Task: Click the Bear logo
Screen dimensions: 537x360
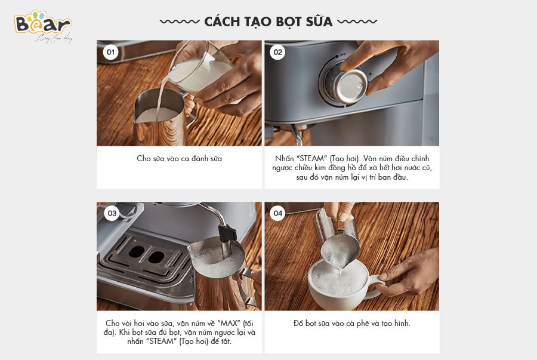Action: (43, 26)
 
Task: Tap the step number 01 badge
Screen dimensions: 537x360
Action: (110, 52)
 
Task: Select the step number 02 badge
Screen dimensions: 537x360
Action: (277, 52)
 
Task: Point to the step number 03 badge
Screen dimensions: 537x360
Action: (112, 213)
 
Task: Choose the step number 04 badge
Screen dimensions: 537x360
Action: (277, 213)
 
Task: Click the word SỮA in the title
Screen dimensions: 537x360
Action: (319, 21)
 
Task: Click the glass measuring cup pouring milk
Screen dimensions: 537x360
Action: (200, 71)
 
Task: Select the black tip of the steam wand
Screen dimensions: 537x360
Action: (227, 233)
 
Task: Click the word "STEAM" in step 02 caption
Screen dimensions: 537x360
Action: (312, 159)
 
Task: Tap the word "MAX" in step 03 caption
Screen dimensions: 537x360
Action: (229, 324)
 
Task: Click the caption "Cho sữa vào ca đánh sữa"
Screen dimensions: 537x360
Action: (179, 159)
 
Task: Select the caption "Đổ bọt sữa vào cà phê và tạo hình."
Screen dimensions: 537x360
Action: (351, 324)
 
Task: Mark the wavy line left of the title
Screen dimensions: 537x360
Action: (180, 21)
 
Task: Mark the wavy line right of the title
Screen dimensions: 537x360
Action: (357, 21)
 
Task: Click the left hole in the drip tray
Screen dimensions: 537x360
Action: (137, 251)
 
